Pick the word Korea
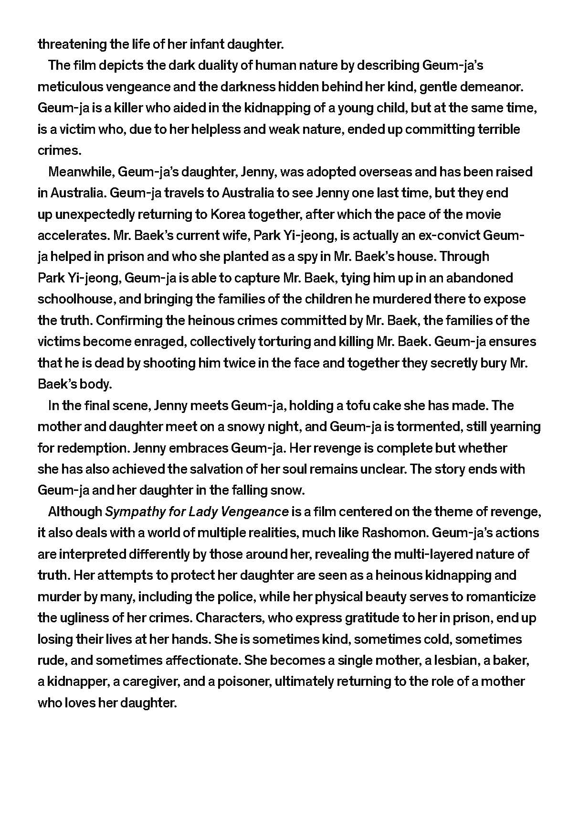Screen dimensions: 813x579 tap(228, 214)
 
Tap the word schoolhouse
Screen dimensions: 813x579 tap(75, 299)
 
